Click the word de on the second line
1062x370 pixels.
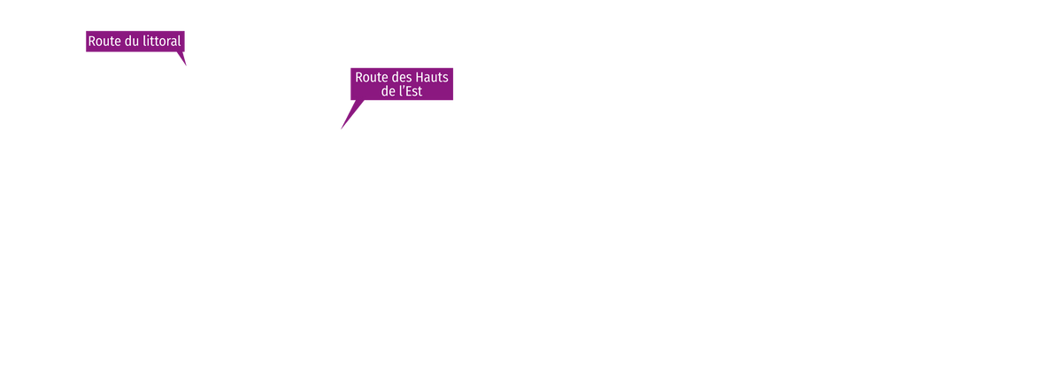coord(388,91)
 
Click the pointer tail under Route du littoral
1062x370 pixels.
coord(181,58)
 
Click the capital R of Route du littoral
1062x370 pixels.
coord(92,42)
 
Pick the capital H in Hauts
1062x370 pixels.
coord(419,77)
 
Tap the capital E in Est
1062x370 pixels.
coord(408,91)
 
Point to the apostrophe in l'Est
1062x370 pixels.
coord(403,87)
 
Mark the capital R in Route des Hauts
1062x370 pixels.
coord(359,77)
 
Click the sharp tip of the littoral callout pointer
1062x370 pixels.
coord(187,66)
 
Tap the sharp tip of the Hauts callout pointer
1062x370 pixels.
coord(341,128)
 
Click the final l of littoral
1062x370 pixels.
coord(179,42)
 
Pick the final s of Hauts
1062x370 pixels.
coord(446,79)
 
